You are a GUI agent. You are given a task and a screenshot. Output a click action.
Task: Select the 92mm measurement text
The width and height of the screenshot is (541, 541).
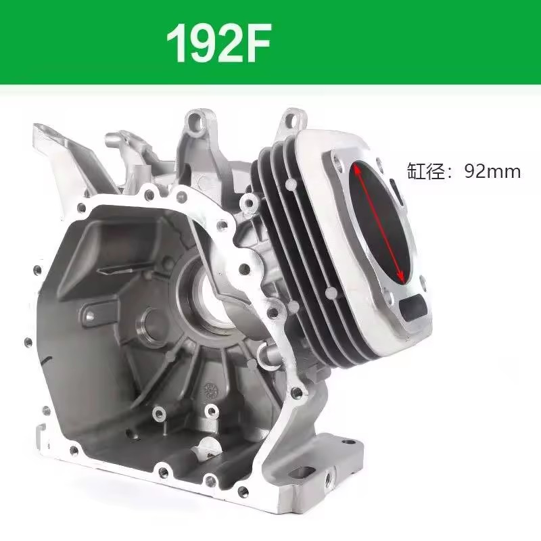click(x=492, y=171)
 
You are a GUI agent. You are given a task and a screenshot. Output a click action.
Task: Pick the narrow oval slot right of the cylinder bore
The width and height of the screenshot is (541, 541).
click(x=397, y=191)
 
